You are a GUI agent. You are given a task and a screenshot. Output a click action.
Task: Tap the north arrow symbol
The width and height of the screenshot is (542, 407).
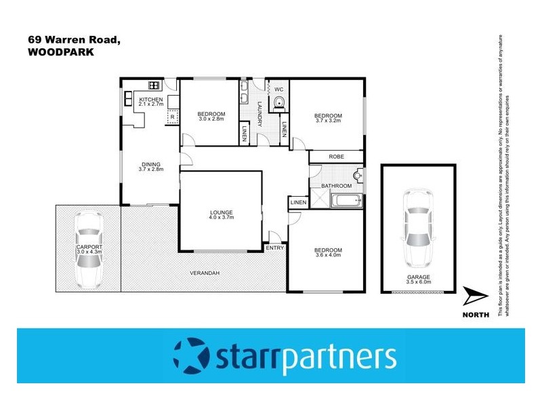(x=477, y=296)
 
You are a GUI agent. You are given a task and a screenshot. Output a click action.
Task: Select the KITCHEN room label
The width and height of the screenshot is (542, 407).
(x=150, y=100)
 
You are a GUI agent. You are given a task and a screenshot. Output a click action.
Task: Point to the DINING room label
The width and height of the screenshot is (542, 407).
(x=151, y=163)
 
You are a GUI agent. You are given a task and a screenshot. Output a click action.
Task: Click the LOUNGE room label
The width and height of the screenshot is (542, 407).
(x=221, y=212)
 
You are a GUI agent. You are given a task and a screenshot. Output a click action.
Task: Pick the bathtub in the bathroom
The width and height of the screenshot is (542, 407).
(x=346, y=201)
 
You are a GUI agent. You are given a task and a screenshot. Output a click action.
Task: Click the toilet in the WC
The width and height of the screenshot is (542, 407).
(x=279, y=103)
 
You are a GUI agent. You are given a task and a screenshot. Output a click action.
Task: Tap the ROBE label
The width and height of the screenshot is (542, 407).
(x=337, y=157)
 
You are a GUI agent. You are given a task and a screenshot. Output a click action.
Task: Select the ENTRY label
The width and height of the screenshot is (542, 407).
(x=275, y=248)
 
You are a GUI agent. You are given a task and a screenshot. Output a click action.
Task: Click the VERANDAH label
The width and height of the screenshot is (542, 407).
(x=204, y=273)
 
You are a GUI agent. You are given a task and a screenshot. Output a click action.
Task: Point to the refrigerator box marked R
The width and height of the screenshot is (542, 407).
(x=172, y=117)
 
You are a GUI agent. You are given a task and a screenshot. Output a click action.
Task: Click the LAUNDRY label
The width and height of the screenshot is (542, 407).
(x=259, y=114)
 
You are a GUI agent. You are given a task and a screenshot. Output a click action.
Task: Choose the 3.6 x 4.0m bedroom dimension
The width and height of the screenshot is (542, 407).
(x=328, y=256)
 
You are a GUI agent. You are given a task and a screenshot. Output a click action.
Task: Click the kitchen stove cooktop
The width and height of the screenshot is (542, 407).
(x=154, y=85)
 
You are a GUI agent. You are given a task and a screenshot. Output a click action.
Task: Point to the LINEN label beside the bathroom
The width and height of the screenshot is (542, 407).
(x=298, y=203)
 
